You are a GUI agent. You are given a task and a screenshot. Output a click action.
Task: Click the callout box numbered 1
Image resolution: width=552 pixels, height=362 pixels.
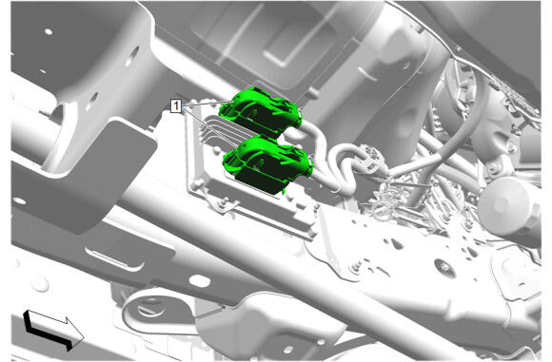click(x=176, y=105)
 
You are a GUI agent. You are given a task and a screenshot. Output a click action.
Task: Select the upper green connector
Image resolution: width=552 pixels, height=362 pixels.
click(x=261, y=111)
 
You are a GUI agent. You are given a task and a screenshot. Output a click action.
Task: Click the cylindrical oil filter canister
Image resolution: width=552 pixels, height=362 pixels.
click(x=509, y=207)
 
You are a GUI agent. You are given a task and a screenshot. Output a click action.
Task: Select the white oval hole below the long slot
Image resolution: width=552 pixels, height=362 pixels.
click(x=200, y=280)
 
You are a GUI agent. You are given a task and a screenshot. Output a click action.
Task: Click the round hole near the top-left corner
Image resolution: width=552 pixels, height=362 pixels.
click(x=49, y=31)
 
